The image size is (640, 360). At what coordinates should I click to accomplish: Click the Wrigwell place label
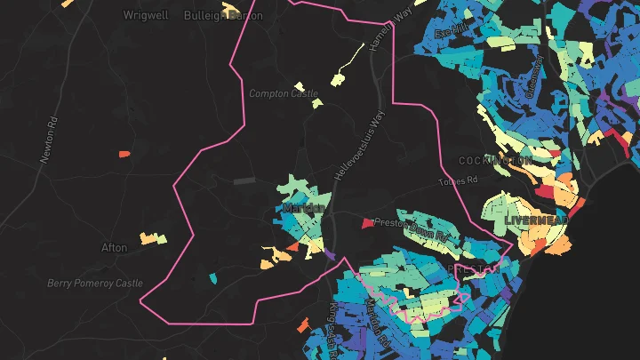click(146, 15)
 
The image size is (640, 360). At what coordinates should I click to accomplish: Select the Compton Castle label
click(283, 93)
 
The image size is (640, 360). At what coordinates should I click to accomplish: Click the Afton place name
click(114, 247)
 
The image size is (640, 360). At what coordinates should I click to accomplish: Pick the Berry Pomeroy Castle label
click(94, 284)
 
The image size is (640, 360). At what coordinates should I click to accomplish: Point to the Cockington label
click(495, 160)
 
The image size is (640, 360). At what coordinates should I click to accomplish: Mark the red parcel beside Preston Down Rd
click(367, 223)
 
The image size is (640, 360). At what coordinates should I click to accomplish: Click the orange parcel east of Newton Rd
click(125, 154)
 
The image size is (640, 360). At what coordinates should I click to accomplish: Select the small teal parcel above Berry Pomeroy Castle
click(212, 278)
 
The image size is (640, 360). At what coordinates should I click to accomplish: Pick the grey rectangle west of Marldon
click(243, 180)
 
